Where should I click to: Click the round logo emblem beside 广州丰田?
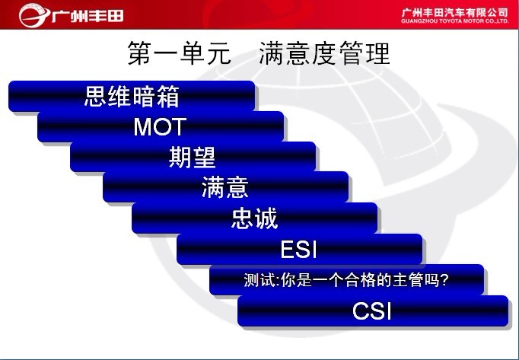[33, 15]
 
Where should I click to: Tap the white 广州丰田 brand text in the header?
[88, 15]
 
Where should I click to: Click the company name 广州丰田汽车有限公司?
[454, 13]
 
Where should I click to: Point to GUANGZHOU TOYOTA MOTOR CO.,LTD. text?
[455, 21]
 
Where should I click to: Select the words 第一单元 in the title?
[179, 53]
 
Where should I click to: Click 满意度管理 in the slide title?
[324, 53]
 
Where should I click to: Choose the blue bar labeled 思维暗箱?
[132, 96]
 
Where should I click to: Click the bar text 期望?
[192, 157]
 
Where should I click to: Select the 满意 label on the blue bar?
[224, 187]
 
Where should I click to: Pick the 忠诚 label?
[254, 218]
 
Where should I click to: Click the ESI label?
[298, 249]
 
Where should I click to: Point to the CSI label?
[371, 311]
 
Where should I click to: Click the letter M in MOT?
[142, 126]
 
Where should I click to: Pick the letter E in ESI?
[287, 249]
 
